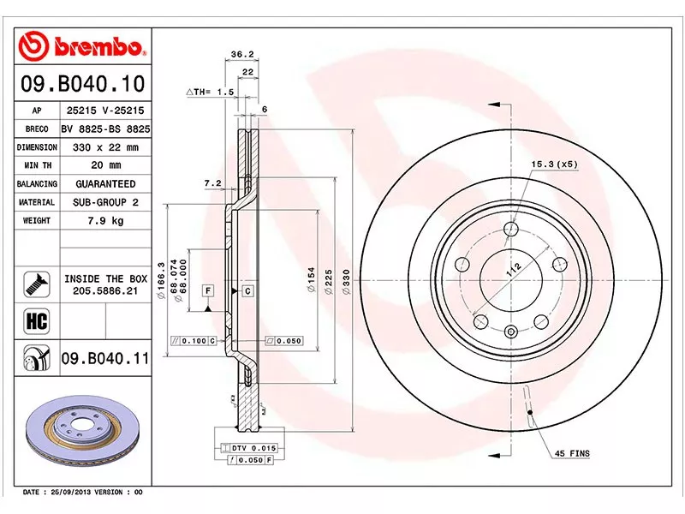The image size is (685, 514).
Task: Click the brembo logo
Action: point(82,45)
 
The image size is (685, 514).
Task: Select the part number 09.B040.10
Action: point(82,85)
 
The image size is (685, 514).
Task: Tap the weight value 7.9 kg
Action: point(106,221)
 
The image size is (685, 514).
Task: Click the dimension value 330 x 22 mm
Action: point(106,147)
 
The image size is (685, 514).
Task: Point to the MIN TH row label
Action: point(37,165)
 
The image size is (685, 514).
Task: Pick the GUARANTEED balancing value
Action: point(106,184)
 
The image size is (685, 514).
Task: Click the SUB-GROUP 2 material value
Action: point(106,202)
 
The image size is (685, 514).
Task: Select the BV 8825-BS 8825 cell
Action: point(106,128)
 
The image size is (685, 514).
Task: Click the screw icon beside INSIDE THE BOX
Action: point(36,284)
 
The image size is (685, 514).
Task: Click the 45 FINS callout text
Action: point(571,453)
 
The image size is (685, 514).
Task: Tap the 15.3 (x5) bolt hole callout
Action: point(555,163)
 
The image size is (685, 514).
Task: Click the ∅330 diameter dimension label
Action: point(347,282)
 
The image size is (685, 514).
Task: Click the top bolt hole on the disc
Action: point(511,229)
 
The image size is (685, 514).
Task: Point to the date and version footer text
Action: point(82,493)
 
